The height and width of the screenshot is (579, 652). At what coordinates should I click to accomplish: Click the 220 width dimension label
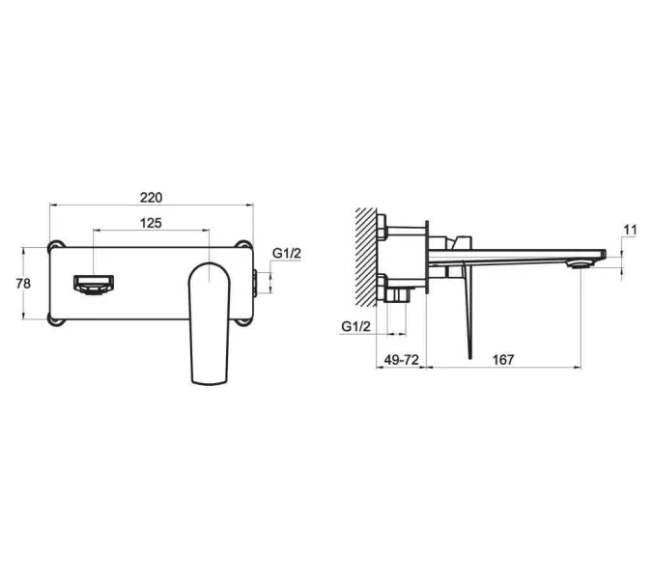(x=151, y=198)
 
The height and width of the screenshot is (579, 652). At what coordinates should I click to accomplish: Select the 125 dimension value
(x=151, y=223)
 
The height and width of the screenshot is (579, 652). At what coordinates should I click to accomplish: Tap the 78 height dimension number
(x=23, y=284)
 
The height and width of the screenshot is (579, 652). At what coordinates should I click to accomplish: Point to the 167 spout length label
(x=503, y=359)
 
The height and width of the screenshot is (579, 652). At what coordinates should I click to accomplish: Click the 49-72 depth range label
(x=401, y=359)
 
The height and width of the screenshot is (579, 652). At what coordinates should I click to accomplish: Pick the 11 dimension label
(x=631, y=230)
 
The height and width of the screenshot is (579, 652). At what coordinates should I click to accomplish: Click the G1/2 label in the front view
(x=287, y=253)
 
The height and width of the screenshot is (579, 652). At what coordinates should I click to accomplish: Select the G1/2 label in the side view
(x=355, y=326)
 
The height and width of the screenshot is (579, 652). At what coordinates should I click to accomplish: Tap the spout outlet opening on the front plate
(x=94, y=285)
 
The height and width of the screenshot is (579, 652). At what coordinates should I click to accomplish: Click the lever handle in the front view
(x=210, y=323)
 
